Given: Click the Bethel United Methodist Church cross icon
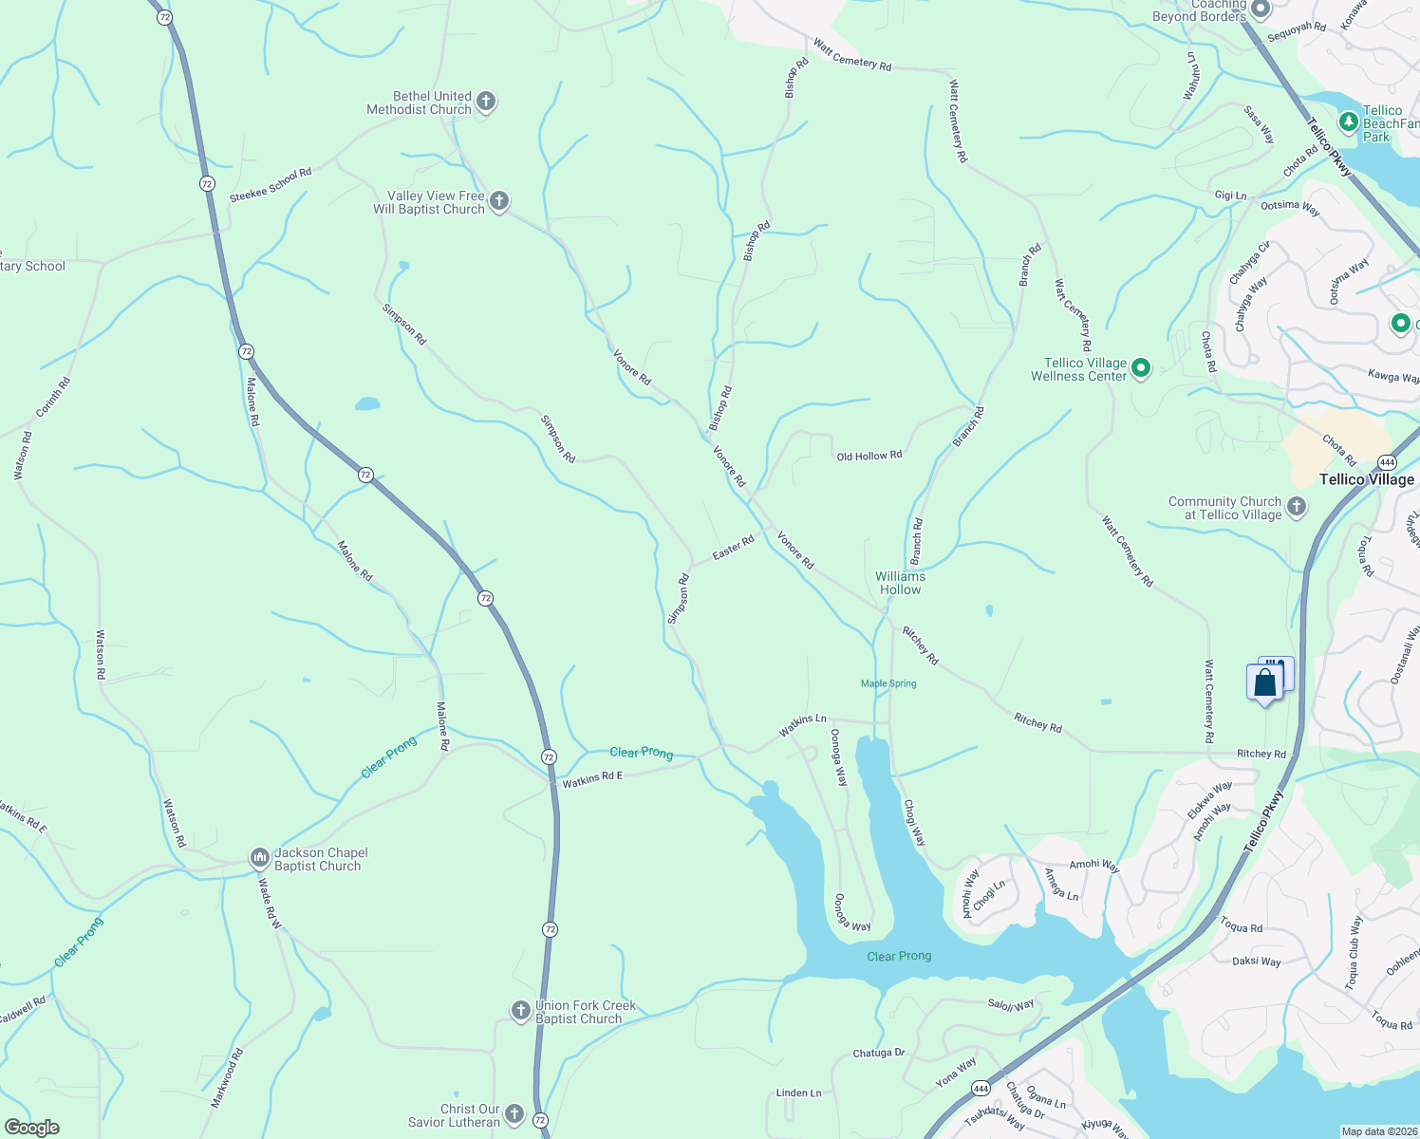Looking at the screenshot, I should click(485, 102).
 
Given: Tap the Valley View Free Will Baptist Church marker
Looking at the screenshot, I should click(498, 201).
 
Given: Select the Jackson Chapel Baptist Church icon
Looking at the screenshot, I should click(259, 858).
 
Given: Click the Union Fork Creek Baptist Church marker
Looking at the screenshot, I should click(520, 1011).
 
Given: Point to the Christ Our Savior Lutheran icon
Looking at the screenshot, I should click(514, 1114).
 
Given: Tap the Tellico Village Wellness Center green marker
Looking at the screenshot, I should click(1141, 368).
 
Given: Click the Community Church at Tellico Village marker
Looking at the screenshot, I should click(1297, 507).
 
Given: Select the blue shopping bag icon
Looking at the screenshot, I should click(1264, 683).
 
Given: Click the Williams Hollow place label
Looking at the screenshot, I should click(900, 583).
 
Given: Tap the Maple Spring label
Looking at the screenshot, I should click(888, 683).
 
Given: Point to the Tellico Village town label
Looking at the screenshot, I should click(1367, 479).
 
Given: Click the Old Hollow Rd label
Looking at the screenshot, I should click(869, 457).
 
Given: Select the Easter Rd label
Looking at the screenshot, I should click(733, 548).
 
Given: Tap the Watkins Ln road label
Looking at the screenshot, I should click(802, 725).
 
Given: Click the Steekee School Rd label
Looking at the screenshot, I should click(271, 186).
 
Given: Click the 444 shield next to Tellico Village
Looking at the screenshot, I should click(1387, 462).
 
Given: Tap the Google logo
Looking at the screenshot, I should click(31, 1128).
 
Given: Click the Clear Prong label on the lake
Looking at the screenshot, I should click(899, 956).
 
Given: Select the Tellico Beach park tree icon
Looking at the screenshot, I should click(1348, 122).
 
